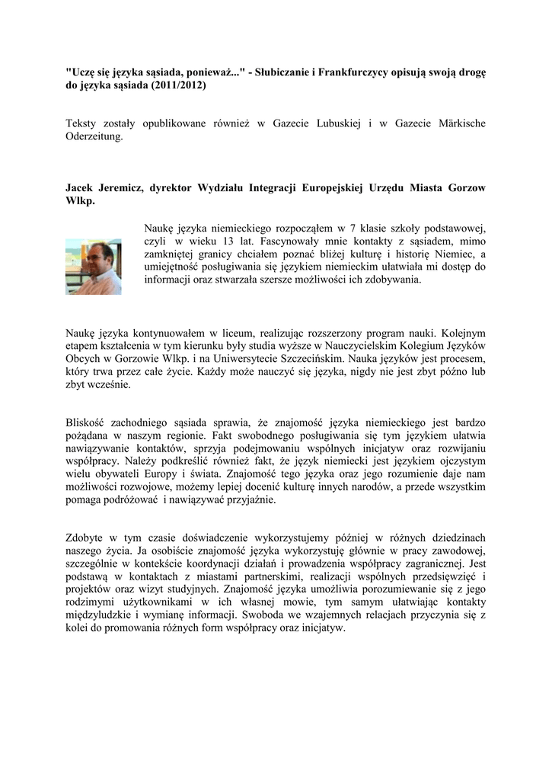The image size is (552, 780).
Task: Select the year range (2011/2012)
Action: point(177,87)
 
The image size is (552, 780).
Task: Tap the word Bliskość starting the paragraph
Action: point(88,423)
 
